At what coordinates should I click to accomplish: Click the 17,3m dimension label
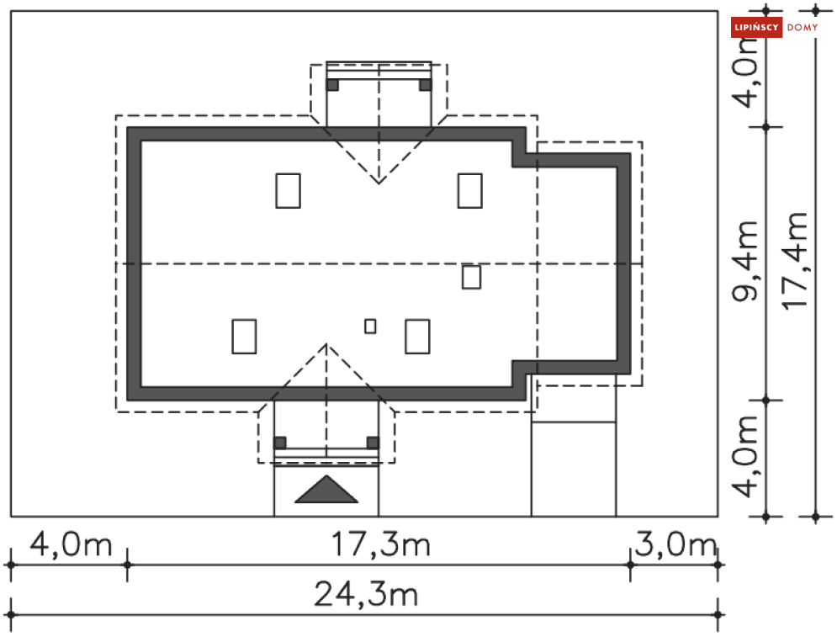click(x=380, y=544)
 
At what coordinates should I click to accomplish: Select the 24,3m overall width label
click(x=366, y=594)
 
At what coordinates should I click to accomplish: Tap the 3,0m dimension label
click(x=675, y=544)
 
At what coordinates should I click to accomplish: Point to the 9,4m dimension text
click(x=744, y=261)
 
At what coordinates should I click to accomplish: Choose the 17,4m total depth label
click(x=794, y=260)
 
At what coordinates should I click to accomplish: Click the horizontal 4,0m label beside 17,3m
click(x=71, y=544)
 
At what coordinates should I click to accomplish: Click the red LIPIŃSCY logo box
click(x=756, y=27)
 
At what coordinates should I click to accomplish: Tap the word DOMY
click(x=803, y=27)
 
